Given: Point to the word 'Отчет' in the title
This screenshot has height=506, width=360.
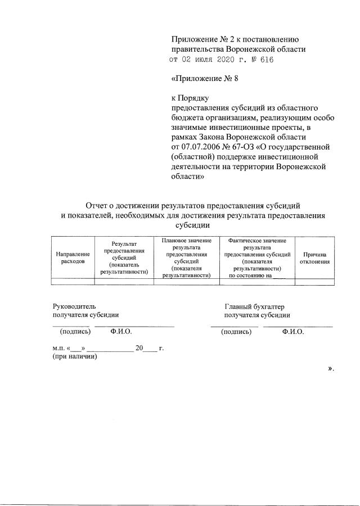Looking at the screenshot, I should (98, 206).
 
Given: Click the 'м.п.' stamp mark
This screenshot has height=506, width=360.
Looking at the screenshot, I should (58, 348).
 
